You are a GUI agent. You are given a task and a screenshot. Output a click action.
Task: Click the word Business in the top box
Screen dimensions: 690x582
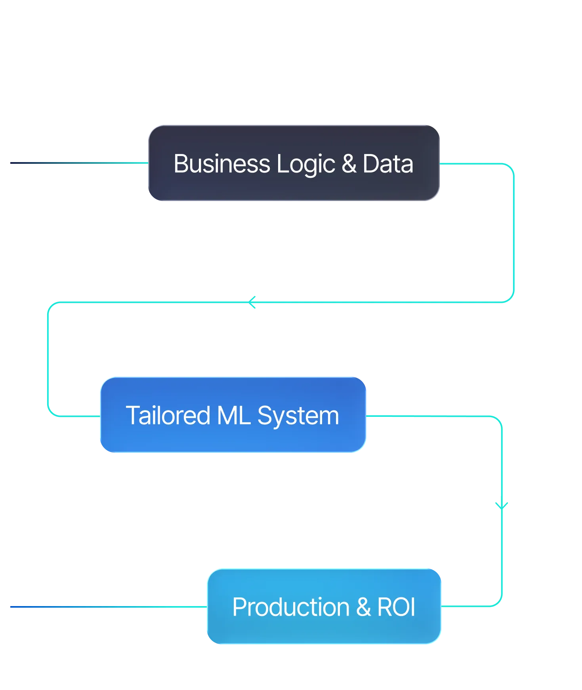222,164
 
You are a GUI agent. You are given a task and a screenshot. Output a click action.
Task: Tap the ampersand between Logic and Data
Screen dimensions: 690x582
349,164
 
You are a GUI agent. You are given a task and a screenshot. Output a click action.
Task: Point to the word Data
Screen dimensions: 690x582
388,164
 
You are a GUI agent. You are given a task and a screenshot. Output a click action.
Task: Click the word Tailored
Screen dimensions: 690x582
168,416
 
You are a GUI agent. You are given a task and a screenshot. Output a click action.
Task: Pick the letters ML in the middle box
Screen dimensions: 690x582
234,416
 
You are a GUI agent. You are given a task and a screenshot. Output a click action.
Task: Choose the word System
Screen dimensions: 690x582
298,416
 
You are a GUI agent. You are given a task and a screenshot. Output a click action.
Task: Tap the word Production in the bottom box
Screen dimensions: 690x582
291,607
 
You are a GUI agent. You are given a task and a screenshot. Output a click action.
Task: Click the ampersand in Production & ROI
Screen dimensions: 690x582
363,607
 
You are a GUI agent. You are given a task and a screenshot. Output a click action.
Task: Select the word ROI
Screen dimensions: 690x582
396,607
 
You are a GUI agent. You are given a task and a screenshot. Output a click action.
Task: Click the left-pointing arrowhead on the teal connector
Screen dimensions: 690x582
251,302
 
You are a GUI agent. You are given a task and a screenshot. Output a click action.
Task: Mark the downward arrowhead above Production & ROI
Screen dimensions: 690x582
502,505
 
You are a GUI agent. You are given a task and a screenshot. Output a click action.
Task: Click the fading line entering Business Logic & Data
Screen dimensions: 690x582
79,163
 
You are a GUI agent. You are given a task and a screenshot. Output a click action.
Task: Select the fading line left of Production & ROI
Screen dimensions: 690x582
107,606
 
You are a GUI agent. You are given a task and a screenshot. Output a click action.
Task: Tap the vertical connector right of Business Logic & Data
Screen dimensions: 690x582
515,234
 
